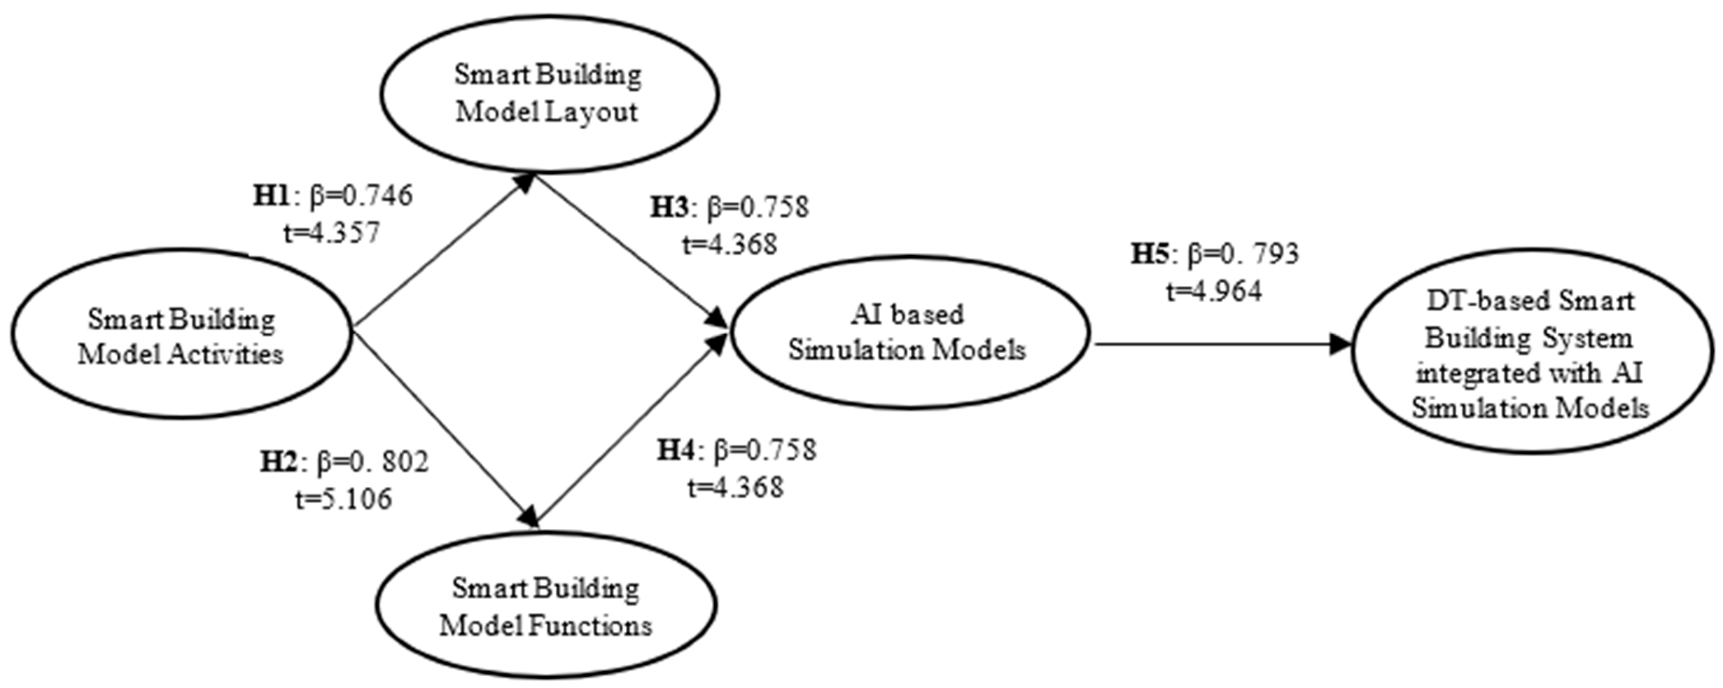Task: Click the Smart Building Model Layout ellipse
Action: [x=549, y=92]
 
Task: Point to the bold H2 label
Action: [x=279, y=462]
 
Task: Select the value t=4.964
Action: [x=1214, y=291]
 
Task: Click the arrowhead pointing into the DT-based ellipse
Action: [x=1339, y=345]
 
